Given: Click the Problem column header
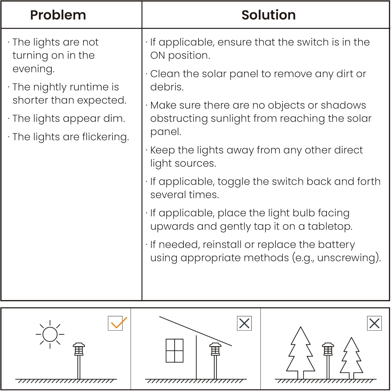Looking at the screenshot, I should [58, 15].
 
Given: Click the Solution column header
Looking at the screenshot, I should [268, 15].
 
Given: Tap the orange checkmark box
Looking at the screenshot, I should [115, 323].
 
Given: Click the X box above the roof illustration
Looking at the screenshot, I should [244, 323].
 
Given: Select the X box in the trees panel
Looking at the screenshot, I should [374, 323].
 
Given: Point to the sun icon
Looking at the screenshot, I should [50, 334].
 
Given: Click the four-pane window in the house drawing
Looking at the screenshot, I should [175, 351].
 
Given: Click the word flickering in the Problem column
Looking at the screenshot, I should [106, 137].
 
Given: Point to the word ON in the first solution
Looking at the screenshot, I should [158, 55].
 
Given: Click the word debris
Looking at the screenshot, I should [167, 87].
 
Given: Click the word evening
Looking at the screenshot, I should [34, 69].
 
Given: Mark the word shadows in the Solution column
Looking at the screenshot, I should [343, 105].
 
